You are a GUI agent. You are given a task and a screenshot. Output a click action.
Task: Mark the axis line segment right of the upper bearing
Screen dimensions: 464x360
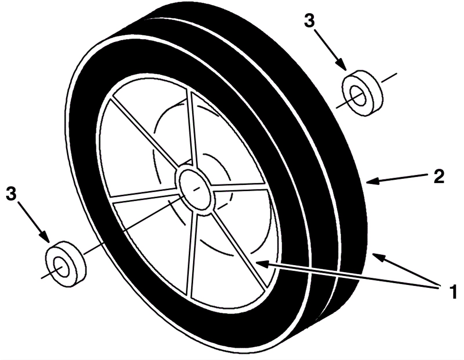point(389,78)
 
